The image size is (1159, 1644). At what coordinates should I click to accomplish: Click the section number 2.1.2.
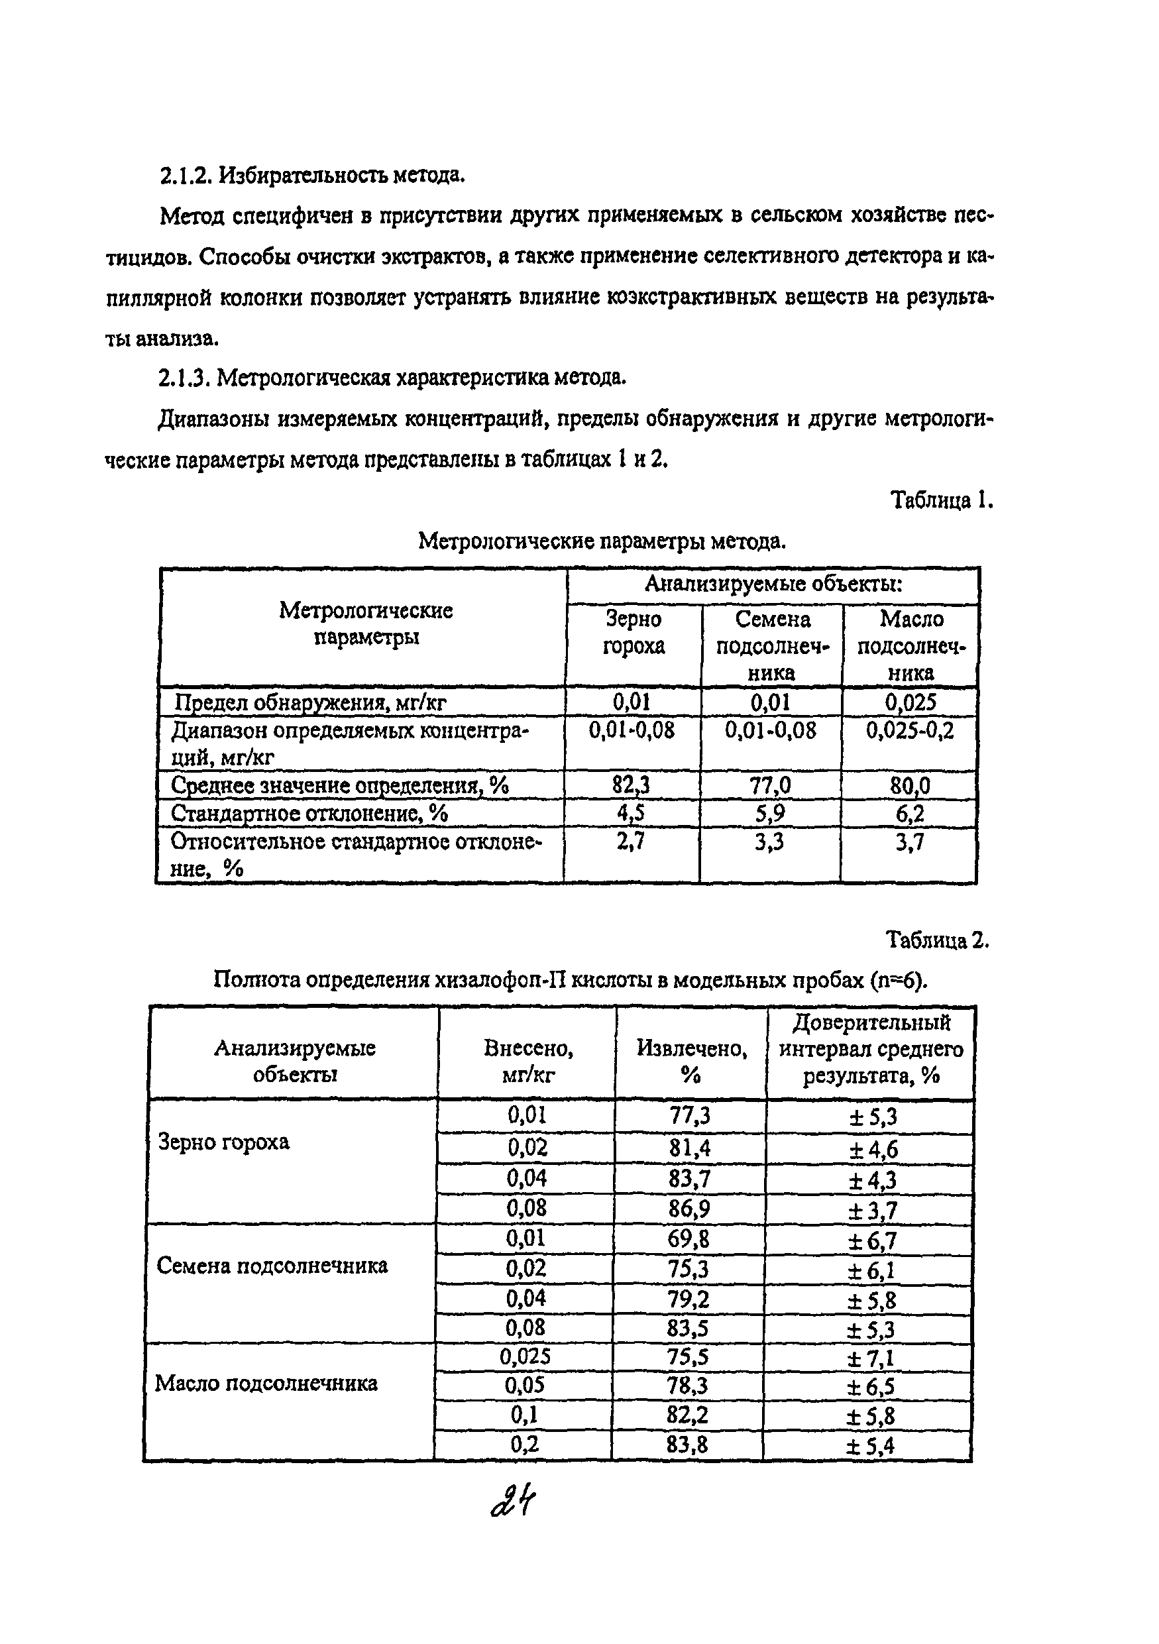pos(186,175)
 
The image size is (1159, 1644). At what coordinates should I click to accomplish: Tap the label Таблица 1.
pos(941,500)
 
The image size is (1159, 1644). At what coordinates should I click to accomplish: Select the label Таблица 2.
pos(937,939)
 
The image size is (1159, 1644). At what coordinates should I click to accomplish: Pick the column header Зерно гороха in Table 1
pos(634,632)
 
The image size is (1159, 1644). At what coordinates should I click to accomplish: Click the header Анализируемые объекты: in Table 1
pos(773,584)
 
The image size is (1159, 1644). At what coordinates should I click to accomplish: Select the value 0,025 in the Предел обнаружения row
pos(910,702)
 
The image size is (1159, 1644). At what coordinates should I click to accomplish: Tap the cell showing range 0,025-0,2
pos(910,730)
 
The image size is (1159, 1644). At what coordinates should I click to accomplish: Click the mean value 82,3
pos(631,785)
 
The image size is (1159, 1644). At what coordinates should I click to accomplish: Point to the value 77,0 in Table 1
pos(770,785)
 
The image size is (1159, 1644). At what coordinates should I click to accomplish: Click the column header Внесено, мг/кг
pos(527,1061)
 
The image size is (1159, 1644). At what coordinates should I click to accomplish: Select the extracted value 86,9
pos(689,1209)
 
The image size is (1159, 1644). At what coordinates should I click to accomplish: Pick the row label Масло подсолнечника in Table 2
pos(266,1384)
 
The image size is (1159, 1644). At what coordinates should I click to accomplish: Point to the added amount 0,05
pos(525,1386)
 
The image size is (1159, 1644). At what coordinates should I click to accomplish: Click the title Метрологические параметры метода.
pos(602,541)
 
